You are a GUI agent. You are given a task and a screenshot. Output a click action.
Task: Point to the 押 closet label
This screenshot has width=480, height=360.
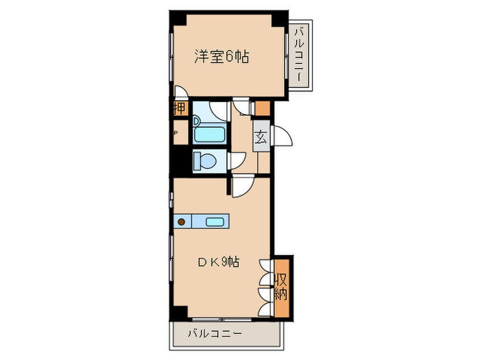178,108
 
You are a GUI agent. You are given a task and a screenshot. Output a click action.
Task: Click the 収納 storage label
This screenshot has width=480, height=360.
281,286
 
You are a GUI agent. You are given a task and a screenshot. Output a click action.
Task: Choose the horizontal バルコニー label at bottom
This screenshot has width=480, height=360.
215,334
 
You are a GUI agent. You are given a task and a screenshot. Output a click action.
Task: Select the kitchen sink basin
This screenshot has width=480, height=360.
215,221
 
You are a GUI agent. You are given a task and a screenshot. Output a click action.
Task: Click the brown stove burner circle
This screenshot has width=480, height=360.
182,221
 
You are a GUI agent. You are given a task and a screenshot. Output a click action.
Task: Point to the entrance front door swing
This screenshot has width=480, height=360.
283,136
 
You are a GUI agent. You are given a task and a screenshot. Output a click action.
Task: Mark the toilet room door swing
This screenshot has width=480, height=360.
237,160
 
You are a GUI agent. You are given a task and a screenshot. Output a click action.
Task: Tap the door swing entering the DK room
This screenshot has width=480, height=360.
243,185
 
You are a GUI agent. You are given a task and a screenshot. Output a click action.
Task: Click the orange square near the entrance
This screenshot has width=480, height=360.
262,108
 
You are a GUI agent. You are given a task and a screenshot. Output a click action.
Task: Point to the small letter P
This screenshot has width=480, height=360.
176,133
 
